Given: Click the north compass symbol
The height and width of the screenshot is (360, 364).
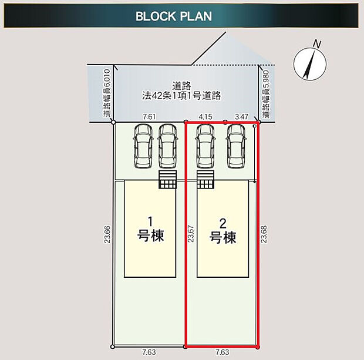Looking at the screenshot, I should [x=309, y=61].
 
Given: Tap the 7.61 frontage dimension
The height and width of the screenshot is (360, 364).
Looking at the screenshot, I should [x=149, y=117].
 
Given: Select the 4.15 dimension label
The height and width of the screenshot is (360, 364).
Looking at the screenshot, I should [x=205, y=117].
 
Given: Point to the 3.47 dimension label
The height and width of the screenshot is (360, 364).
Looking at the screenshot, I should [x=241, y=117].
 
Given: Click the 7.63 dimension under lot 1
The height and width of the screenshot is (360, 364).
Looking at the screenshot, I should [x=149, y=352].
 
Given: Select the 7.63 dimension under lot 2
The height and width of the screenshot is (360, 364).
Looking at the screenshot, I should [x=223, y=352].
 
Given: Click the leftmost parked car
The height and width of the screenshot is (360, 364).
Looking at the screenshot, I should [x=143, y=146].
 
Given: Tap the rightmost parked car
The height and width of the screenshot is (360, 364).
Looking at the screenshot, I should [x=237, y=146].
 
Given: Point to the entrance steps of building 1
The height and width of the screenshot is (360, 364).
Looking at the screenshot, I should [x=167, y=180].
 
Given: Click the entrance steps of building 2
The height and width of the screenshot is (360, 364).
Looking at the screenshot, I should [x=205, y=180].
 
